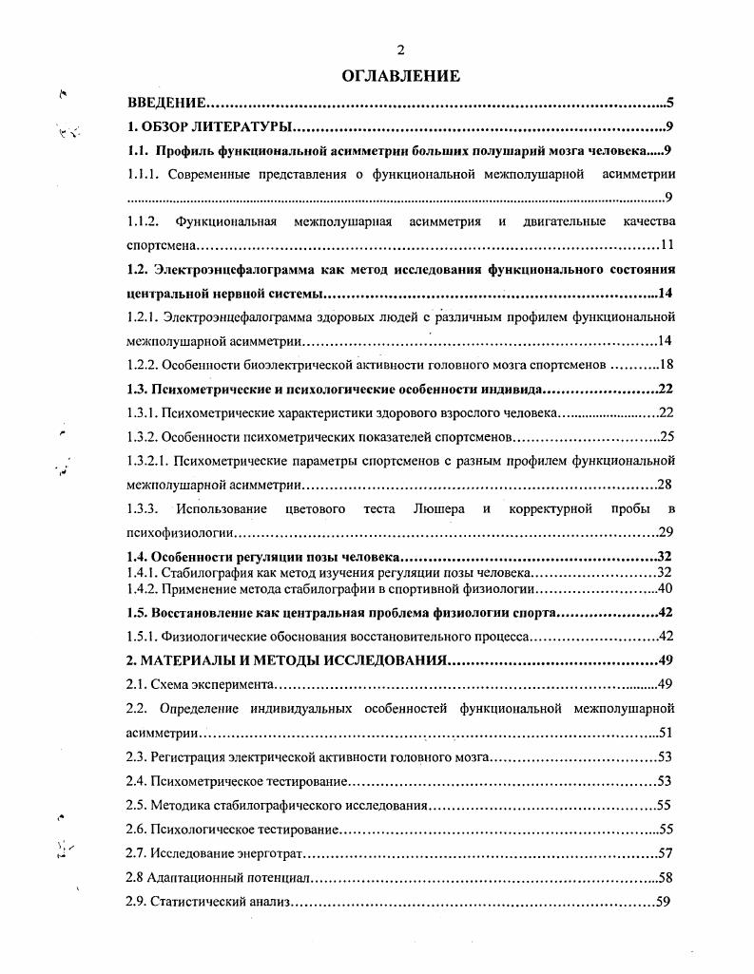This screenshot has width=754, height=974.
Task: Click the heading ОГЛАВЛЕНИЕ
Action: click(400, 76)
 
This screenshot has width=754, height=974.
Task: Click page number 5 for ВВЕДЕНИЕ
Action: click(670, 103)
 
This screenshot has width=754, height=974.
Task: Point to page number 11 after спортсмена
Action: click(667, 245)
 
